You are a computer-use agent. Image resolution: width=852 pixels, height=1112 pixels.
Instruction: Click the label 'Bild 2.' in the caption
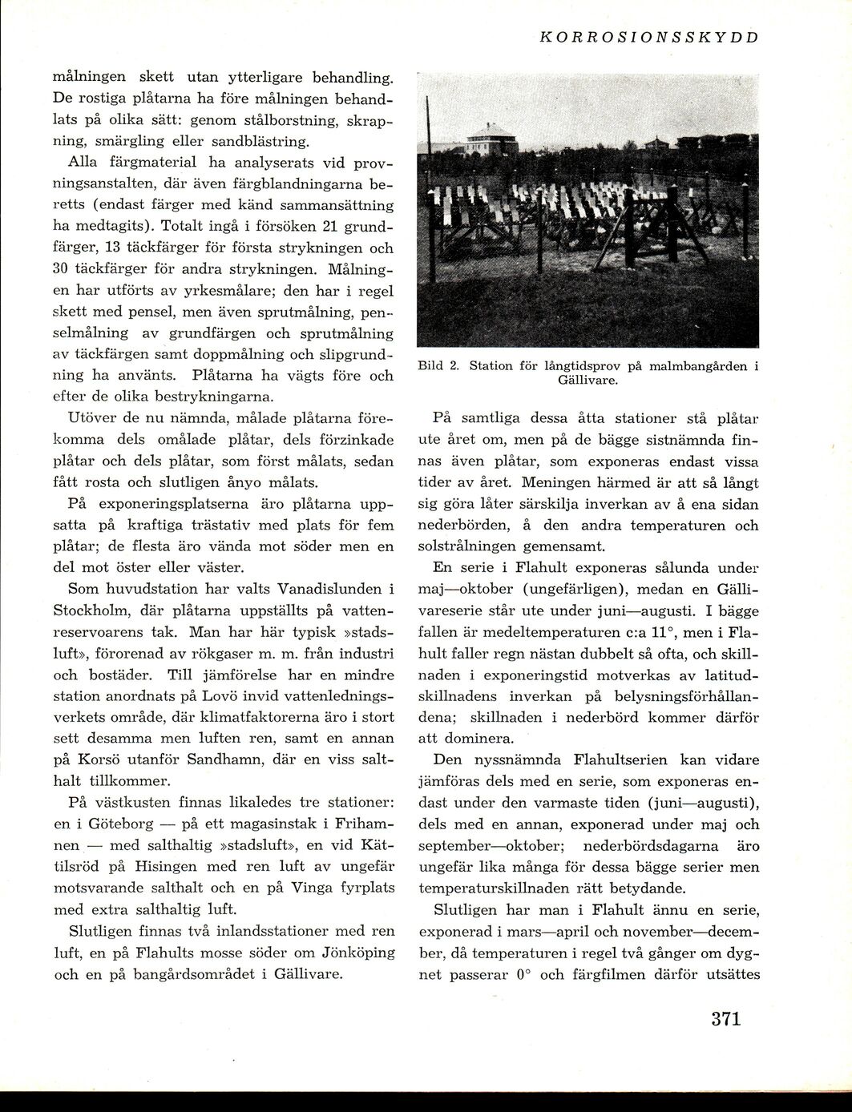pos(438,366)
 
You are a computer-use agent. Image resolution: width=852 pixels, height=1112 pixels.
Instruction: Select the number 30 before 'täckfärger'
pos(63,268)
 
